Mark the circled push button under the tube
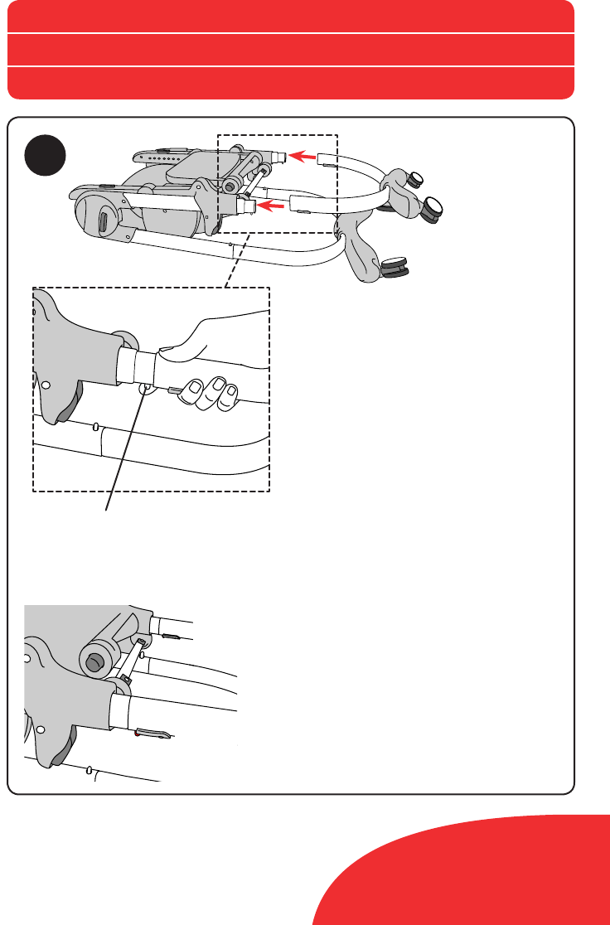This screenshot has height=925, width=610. point(145,387)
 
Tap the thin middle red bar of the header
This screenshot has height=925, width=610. point(290,50)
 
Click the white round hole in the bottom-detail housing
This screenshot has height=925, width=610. point(27,657)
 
